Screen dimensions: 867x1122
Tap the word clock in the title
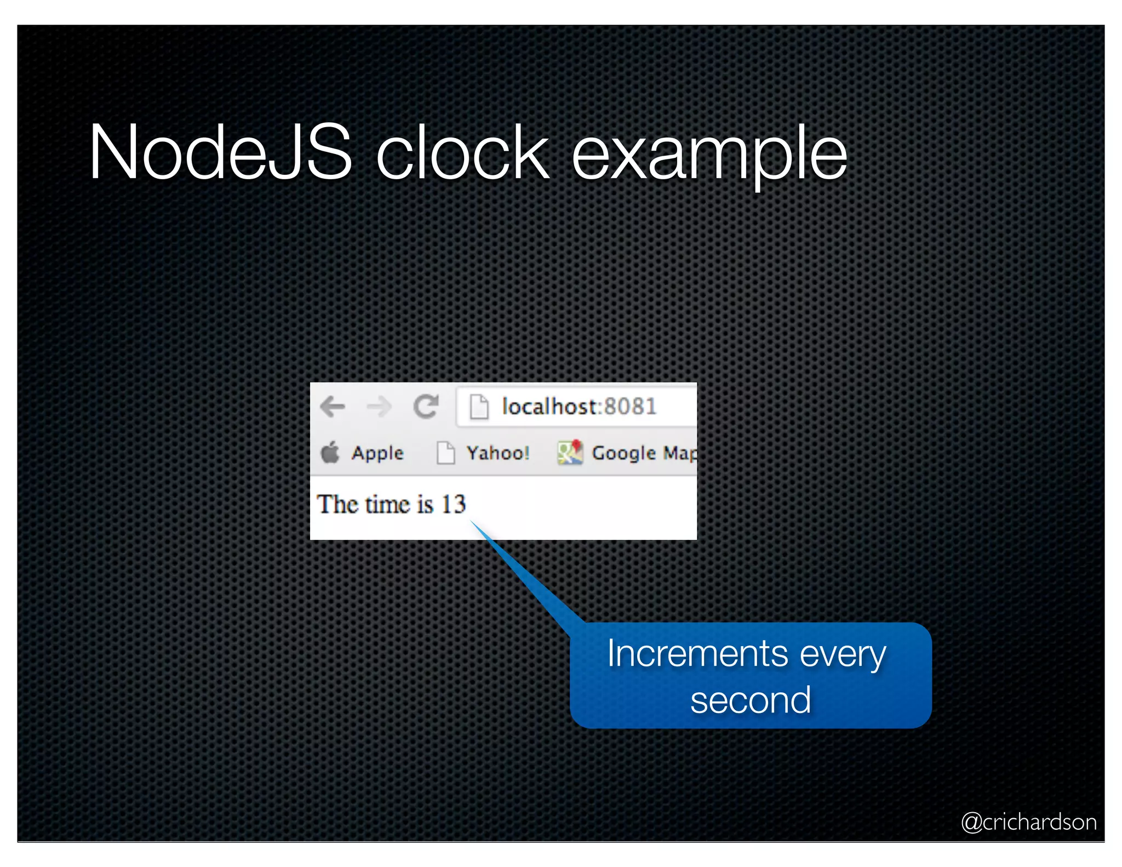tap(462, 152)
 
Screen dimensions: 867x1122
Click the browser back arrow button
tap(333, 407)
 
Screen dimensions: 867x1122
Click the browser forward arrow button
tap(379, 407)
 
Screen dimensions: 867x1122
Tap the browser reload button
tap(426, 407)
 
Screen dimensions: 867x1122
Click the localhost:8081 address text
tap(579, 407)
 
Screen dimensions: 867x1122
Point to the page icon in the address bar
tap(479, 407)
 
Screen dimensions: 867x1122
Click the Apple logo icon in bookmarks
tap(330, 453)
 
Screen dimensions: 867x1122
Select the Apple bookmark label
tap(377, 453)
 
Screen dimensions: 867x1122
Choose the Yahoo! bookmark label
tap(497, 453)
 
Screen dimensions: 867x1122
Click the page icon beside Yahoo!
tap(445, 453)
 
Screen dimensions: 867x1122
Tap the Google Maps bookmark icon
tap(570, 453)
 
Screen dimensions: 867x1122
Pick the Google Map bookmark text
tap(644, 453)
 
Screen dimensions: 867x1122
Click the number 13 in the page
tap(454, 504)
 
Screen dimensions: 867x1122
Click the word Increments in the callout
tap(697, 654)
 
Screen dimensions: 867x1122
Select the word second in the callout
tap(750, 700)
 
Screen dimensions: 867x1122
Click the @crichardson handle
tap(1028, 822)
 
